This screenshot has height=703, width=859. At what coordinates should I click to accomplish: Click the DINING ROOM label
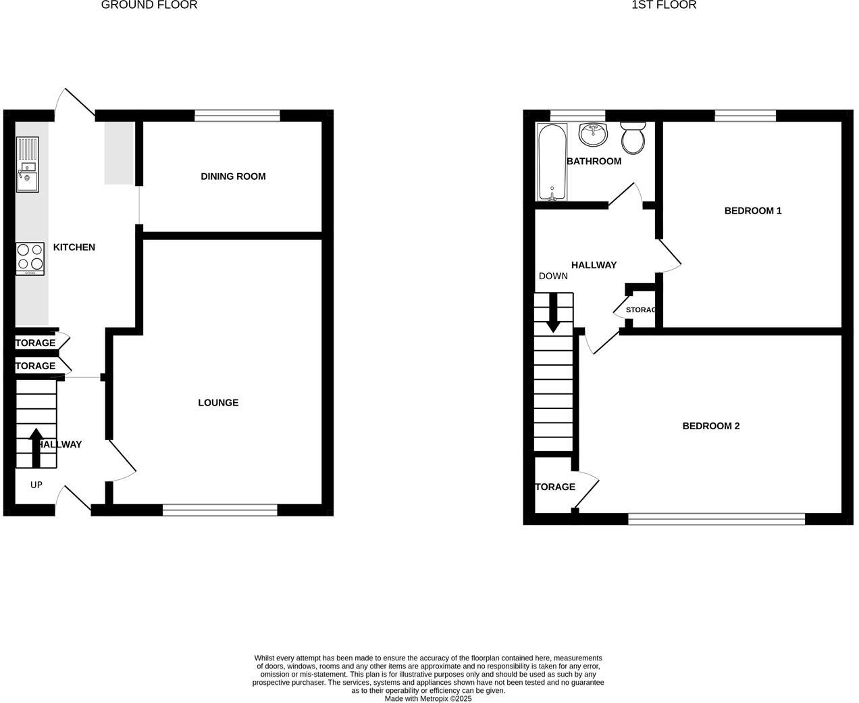pyautogui.click(x=233, y=176)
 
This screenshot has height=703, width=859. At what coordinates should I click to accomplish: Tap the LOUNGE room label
pyautogui.click(x=218, y=403)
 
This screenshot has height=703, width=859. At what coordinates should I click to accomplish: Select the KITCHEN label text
pyautogui.click(x=74, y=247)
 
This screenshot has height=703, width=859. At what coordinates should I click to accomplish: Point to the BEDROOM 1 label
pyautogui.click(x=753, y=211)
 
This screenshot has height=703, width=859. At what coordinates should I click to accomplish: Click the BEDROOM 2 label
pyautogui.click(x=711, y=426)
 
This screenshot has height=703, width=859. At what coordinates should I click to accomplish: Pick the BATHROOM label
pyautogui.click(x=594, y=161)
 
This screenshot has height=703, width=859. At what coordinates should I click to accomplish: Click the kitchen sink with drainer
pyautogui.click(x=28, y=164)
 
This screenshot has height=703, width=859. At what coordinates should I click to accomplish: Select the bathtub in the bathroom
pyautogui.click(x=552, y=162)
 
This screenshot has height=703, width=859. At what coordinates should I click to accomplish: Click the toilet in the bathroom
pyautogui.click(x=633, y=137)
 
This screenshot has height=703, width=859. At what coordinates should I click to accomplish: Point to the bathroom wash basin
pyautogui.click(x=594, y=133)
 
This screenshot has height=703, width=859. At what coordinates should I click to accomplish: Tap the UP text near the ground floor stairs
pyautogui.click(x=36, y=485)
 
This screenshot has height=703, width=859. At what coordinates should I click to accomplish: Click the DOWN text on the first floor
pyautogui.click(x=553, y=276)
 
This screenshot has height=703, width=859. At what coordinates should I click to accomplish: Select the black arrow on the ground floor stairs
pyautogui.click(x=36, y=447)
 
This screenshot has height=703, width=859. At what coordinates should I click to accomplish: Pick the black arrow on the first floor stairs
pyautogui.click(x=553, y=313)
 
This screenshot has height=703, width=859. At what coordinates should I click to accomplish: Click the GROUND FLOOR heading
pyautogui.click(x=149, y=5)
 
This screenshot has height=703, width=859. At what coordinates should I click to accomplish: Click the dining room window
pyautogui.click(x=237, y=116)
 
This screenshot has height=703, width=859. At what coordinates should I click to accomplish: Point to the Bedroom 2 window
pyautogui.click(x=717, y=518)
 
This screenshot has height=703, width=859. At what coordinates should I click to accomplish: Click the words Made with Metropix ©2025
pyautogui.click(x=428, y=699)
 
